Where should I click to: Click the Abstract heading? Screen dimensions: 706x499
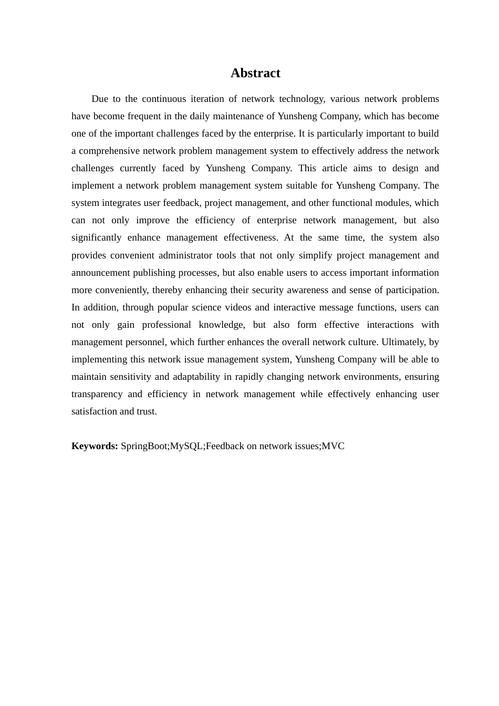[x=255, y=73]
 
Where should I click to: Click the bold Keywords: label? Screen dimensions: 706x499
[x=95, y=446]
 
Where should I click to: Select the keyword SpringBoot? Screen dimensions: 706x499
[x=144, y=446]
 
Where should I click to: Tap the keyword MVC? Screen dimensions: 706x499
[x=333, y=446]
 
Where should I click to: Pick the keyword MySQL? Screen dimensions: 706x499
[x=186, y=446]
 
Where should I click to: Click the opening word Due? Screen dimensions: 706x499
[x=99, y=99]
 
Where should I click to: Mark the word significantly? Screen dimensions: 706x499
[x=96, y=237]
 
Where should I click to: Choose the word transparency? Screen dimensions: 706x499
[x=96, y=394]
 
